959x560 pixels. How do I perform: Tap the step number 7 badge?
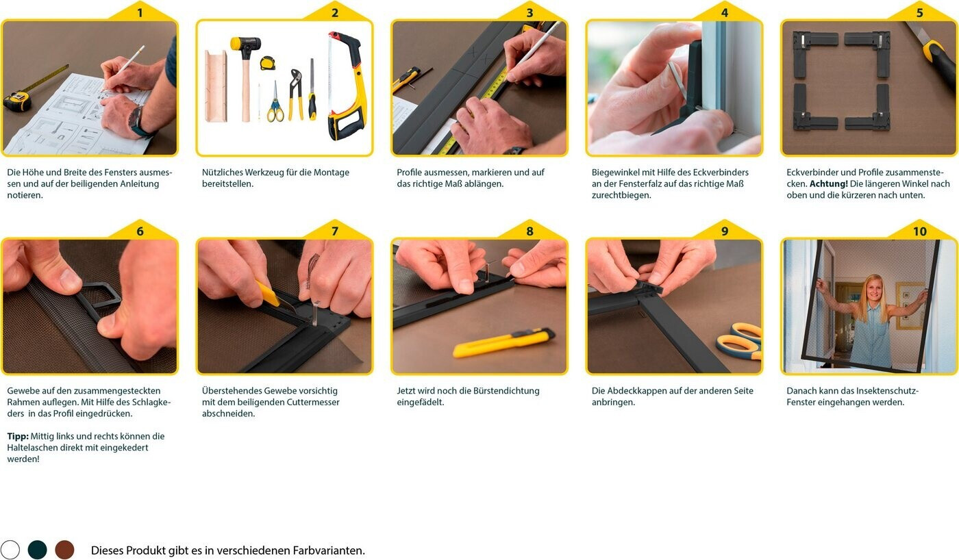335,231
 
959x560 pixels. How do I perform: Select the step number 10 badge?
919,231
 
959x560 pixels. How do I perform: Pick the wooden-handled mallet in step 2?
246,77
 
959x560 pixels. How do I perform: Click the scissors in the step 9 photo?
740,341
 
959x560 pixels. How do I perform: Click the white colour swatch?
10,550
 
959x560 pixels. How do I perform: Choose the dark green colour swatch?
38,550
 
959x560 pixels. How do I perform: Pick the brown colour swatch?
64,550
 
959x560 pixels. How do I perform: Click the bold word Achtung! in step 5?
828,184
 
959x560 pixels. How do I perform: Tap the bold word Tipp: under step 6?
18,436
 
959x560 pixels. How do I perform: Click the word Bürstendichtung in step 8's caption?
508,391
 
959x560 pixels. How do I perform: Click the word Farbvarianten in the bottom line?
328,550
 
